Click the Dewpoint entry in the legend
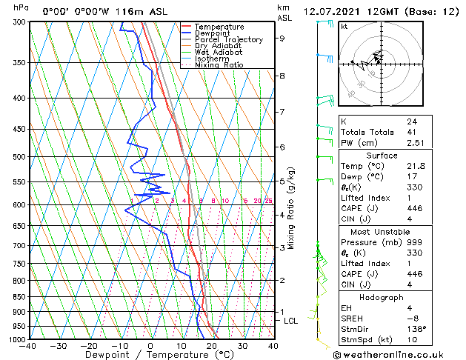[213, 33]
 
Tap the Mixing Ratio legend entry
[219, 65]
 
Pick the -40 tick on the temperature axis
[29, 346]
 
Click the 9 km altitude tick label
[282, 38]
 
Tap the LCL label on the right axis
[290, 321]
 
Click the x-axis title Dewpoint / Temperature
[150, 356]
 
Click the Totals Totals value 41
[411, 132]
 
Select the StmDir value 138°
[417, 329]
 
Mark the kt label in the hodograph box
[344, 26]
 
